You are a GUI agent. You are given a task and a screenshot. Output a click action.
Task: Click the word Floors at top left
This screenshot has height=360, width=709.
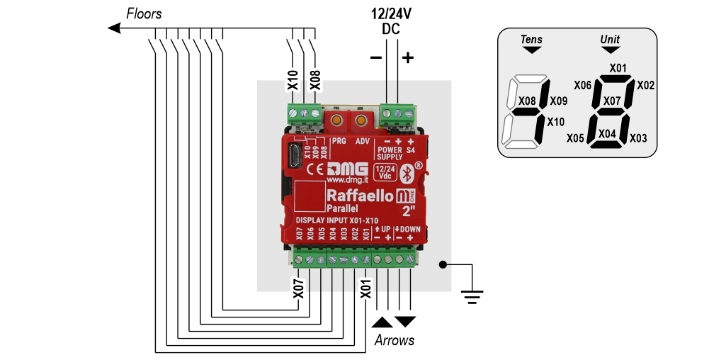point(144,13)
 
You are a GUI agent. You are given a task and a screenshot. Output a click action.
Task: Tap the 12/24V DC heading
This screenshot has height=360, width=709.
point(391,21)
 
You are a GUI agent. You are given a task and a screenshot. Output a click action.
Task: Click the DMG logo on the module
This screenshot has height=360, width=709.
point(346,169)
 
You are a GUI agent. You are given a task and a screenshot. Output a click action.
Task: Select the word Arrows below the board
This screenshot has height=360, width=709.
point(394,341)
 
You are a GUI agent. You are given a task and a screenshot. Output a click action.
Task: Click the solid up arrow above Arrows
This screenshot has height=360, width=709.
point(381,322)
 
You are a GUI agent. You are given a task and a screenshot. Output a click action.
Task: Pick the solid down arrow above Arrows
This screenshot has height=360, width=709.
point(405,322)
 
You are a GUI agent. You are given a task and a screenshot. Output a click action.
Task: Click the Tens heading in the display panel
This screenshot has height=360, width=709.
point(531,40)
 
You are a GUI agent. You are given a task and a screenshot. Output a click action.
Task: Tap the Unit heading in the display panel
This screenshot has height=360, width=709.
point(610,40)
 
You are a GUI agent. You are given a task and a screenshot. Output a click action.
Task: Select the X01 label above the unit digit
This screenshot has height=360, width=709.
point(618,68)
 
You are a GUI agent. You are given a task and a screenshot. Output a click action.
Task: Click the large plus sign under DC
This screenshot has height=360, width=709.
point(407,58)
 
